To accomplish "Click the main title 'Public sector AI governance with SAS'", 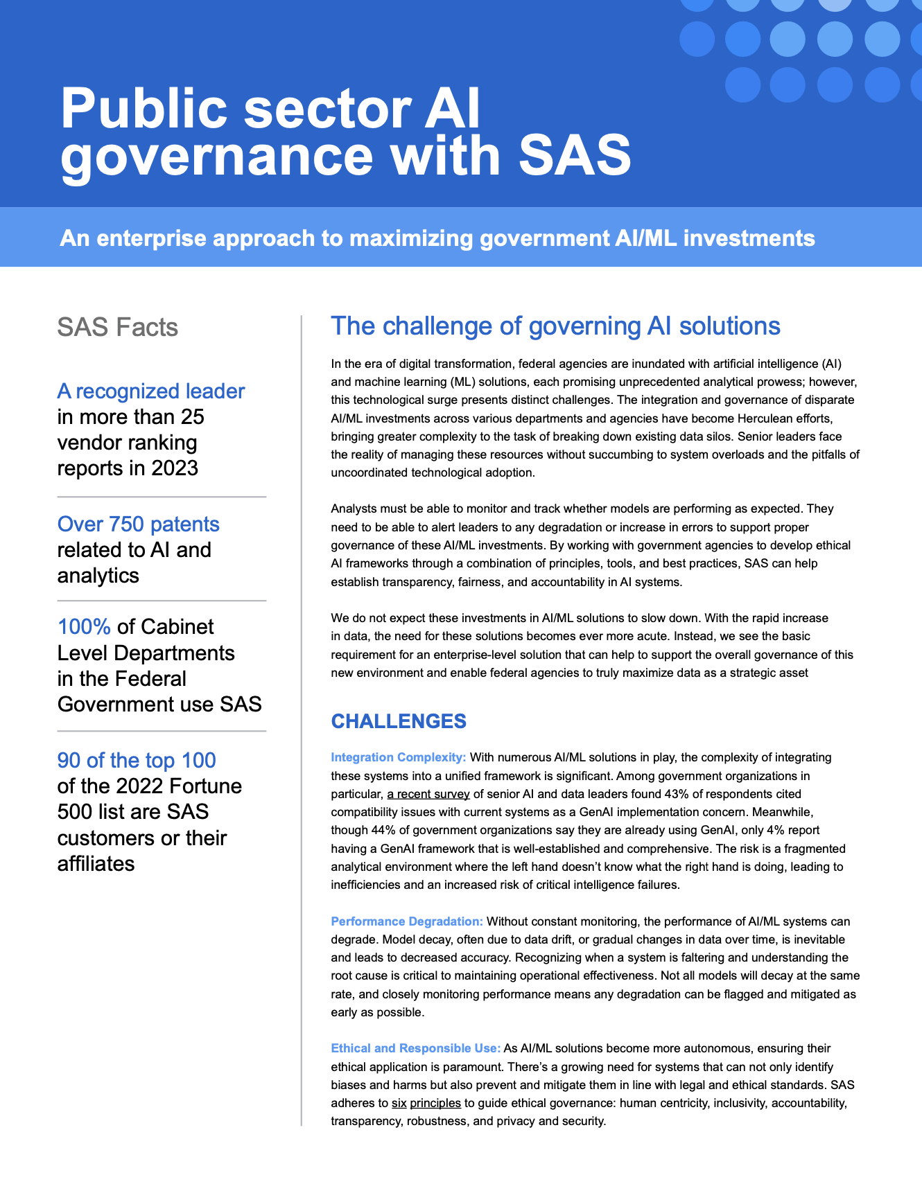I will pyautogui.click(x=345, y=132).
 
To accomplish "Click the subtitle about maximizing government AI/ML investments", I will pyautogui.click(x=437, y=238).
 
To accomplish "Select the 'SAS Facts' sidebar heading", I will pyautogui.click(x=117, y=327).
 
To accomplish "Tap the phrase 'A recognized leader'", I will pyautogui.click(x=150, y=391).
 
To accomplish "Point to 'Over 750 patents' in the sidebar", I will pyautogui.click(x=138, y=524).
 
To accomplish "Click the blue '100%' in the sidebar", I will pyautogui.click(x=84, y=627).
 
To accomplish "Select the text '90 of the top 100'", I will pyautogui.click(x=137, y=761).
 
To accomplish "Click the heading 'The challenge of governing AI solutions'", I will pyautogui.click(x=555, y=326).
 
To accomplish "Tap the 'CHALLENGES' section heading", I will pyautogui.click(x=399, y=721).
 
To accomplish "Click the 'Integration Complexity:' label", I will pyautogui.click(x=398, y=757).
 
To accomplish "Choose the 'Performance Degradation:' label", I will pyautogui.click(x=406, y=921).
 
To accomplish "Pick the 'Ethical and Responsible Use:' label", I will pyautogui.click(x=415, y=1048).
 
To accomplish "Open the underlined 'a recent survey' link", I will pyautogui.click(x=428, y=794).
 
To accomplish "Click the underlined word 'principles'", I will pyautogui.click(x=435, y=1103).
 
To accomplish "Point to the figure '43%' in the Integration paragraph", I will pyautogui.click(x=676, y=794).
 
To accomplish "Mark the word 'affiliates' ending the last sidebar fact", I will pyautogui.click(x=96, y=864).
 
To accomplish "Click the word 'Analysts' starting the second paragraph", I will pyautogui.click(x=354, y=509).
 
